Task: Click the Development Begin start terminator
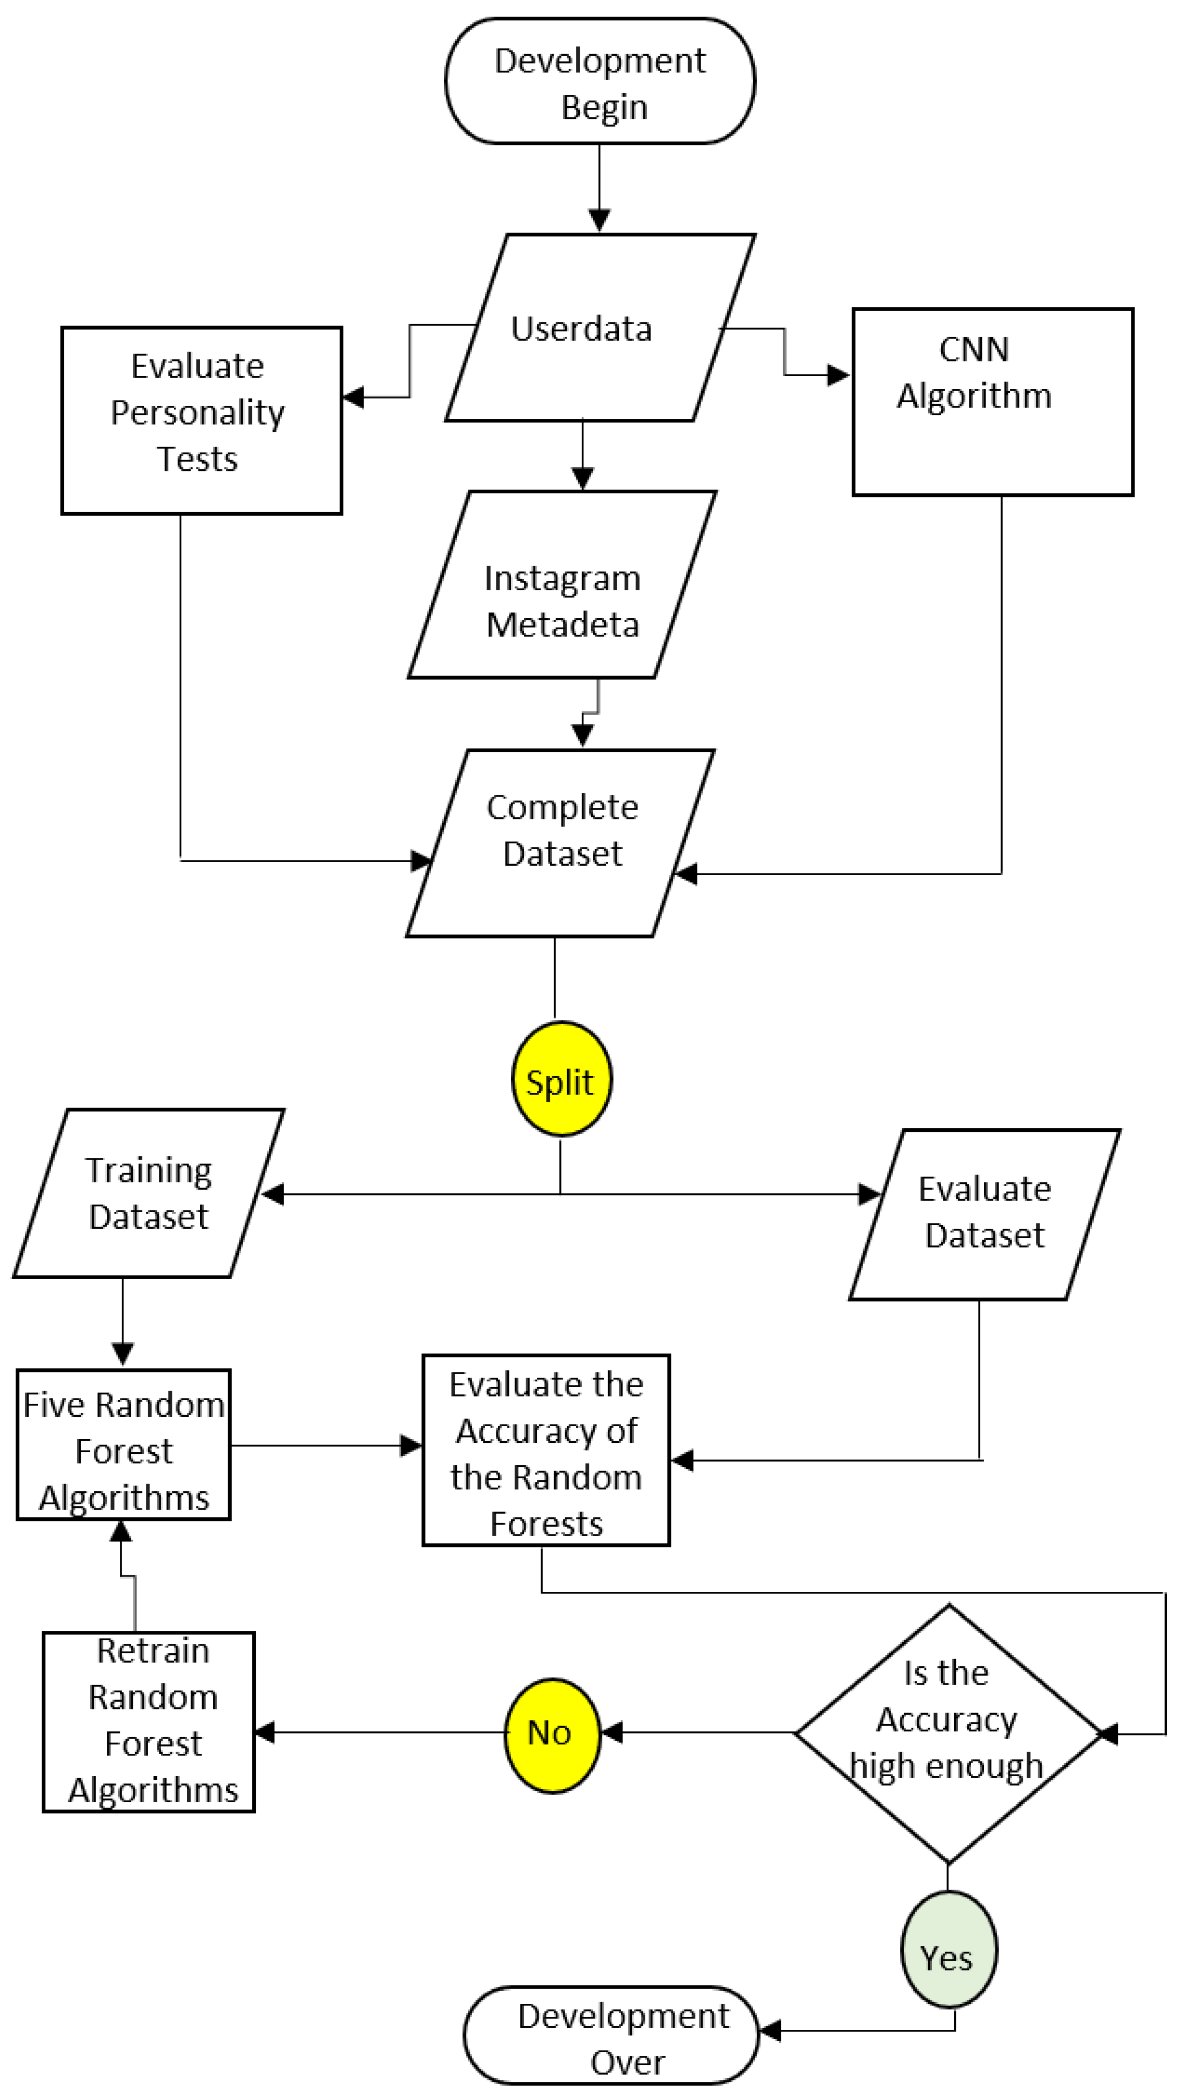(600, 81)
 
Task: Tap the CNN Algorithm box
(992, 402)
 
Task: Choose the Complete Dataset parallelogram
(561, 843)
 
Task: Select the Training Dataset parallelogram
(149, 1193)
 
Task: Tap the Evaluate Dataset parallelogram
(985, 1214)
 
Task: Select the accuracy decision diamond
(948, 1733)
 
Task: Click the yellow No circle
(552, 1733)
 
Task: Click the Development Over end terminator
(611, 2034)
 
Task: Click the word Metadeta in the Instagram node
(563, 625)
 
